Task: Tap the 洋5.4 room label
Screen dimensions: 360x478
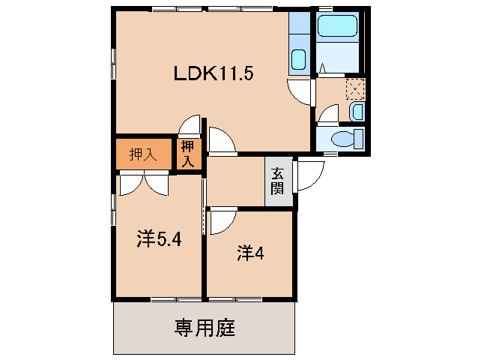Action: point(159,239)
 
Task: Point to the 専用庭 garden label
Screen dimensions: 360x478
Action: point(205,328)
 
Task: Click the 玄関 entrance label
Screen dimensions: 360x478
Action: point(277,181)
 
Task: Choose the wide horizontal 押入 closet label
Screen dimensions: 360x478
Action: point(143,154)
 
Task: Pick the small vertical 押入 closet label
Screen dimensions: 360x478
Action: point(187,154)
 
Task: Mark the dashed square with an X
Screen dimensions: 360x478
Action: point(354,88)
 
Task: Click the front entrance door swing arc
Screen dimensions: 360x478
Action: point(309,177)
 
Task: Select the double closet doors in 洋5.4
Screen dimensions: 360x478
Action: point(145,182)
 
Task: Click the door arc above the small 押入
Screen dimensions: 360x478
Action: point(190,127)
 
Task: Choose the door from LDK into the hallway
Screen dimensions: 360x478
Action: point(222,141)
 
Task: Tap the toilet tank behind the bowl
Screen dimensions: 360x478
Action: point(359,139)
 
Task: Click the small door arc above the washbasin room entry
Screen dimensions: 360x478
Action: point(327,114)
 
